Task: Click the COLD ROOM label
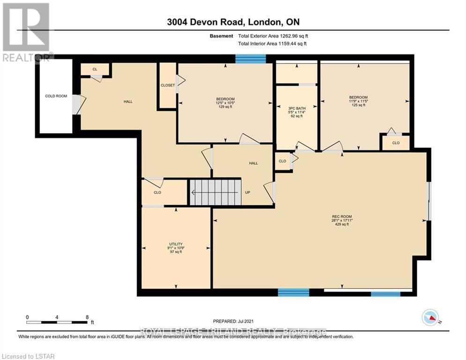click(56, 96)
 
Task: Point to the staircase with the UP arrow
click(215, 192)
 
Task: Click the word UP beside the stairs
click(248, 192)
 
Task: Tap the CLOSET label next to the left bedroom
click(167, 85)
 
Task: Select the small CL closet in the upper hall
click(95, 69)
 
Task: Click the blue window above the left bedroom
click(250, 59)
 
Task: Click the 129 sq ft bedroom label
click(225, 102)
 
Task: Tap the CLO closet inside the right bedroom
click(396, 142)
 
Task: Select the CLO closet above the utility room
click(157, 192)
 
